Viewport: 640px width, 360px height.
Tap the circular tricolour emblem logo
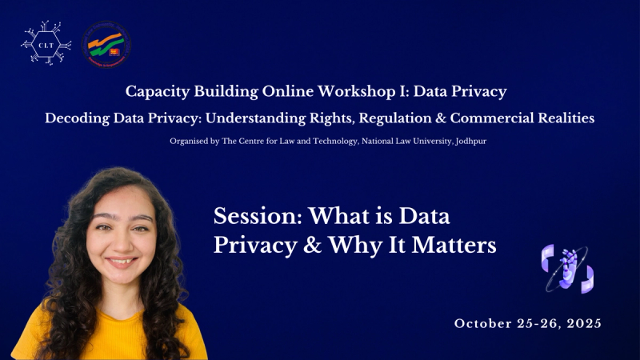(x=106, y=44)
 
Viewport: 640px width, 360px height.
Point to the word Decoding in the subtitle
(x=78, y=118)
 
